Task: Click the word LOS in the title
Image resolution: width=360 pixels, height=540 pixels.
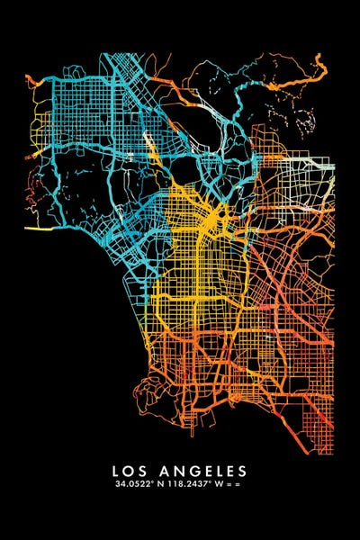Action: pyautogui.click(x=130, y=471)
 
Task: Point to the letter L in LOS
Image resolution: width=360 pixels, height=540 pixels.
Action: pyautogui.click(x=116, y=471)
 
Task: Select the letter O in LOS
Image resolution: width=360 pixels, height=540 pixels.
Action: pyautogui.click(x=130, y=471)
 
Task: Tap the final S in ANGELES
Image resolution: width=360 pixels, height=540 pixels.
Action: pyautogui.click(x=242, y=471)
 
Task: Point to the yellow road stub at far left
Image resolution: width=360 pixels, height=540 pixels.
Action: pyautogui.click(x=36, y=229)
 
